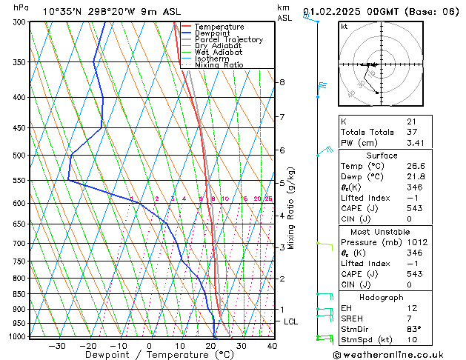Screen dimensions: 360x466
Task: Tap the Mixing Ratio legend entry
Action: (x=219, y=65)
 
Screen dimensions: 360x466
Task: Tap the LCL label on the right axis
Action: (x=291, y=321)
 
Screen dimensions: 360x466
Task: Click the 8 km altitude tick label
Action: (x=282, y=82)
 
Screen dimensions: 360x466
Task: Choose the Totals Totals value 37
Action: (x=411, y=132)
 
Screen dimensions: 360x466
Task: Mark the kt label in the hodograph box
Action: (x=344, y=26)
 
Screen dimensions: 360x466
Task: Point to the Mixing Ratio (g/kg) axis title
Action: (x=293, y=207)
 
